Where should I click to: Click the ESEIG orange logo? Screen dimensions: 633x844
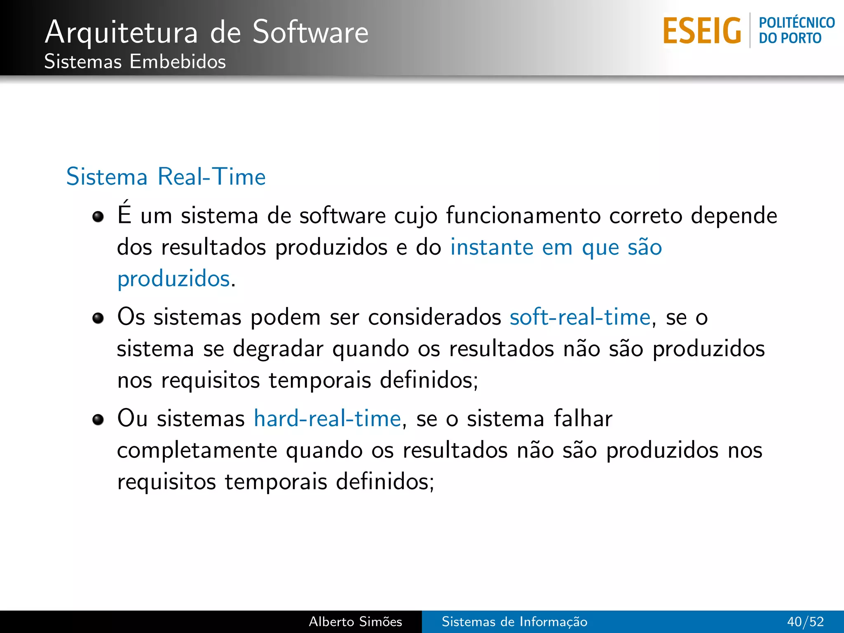pyautogui.click(x=702, y=31)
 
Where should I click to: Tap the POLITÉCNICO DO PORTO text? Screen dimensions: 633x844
pyautogui.click(x=796, y=30)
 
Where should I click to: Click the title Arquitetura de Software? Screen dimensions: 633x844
pyautogui.click(x=206, y=32)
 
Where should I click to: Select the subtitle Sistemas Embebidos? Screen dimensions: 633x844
pyautogui.click(x=135, y=62)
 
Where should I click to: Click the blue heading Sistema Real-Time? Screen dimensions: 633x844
pyautogui.click(x=166, y=177)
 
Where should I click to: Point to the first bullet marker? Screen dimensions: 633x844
pyautogui.click(x=98, y=216)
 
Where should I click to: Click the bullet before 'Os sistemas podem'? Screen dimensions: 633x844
pyautogui.click(x=98, y=318)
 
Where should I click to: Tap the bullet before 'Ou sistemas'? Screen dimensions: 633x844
pyautogui.click(x=98, y=420)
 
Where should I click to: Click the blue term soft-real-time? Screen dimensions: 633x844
pyautogui.click(x=580, y=317)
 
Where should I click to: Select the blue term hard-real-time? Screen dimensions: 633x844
pyautogui.click(x=327, y=419)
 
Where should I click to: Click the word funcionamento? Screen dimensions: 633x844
pyautogui.click(x=523, y=216)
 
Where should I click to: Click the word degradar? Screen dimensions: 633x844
pyautogui.click(x=278, y=349)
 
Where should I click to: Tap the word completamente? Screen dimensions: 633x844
pyautogui.click(x=197, y=451)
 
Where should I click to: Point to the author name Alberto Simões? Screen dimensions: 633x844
pyautogui.click(x=355, y=621)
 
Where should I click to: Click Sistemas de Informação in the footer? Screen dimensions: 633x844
pyautogui.click(x=514, y=621)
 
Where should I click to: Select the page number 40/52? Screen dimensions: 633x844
pyautogui.click(x=805, y=621)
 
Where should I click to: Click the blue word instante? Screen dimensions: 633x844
pyautogui.click(x=491, y=248)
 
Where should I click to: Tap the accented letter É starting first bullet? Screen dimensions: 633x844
pyautogui.click(x=124, y=213)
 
